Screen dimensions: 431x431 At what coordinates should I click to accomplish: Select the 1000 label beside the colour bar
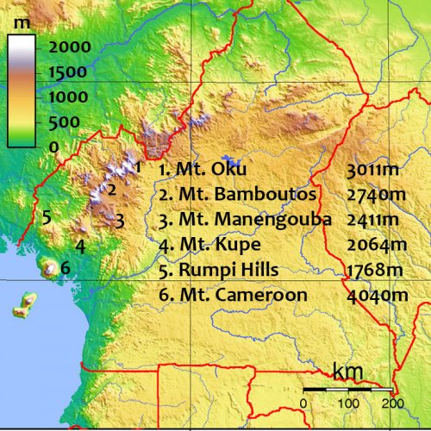click(x=68, y=97)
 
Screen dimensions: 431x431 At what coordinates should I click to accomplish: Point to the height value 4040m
click(x=376, y=295)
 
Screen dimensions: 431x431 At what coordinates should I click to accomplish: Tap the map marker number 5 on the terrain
click(x=47, y=216)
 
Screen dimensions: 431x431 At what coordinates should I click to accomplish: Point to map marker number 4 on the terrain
click(x=79, y=247)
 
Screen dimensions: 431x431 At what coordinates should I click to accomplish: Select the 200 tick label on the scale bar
click(x=393, y=403)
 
